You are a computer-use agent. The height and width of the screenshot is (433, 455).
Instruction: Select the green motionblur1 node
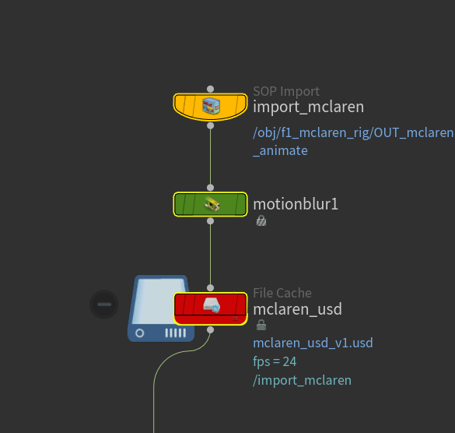[210, 204]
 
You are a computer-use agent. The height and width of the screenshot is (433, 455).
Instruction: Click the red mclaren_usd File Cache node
[210, 308]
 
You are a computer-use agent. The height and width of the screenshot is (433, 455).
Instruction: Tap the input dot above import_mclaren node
[210, 89]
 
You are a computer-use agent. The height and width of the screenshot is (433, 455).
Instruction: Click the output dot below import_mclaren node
[210, 125]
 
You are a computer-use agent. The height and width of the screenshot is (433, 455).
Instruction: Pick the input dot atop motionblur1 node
[210, 188]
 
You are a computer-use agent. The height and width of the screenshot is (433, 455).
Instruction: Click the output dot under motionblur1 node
[210, 221]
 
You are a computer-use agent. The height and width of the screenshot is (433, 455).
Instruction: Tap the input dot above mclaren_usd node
[210, 288]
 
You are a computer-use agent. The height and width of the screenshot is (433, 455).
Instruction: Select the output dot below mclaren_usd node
[210, 330]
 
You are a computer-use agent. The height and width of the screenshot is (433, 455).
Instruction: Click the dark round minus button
[104, 305]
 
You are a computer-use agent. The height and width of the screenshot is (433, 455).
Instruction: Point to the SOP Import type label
[286, 92]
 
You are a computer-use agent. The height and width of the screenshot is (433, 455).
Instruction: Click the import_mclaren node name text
[309, 107]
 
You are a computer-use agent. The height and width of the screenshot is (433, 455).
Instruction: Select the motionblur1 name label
[296, 204]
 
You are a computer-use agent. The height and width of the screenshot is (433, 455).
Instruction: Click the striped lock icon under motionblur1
[261, 221]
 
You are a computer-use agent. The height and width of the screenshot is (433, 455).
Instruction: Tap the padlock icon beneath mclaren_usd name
[261, 325]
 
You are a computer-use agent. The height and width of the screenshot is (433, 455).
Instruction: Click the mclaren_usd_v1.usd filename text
[313, 343]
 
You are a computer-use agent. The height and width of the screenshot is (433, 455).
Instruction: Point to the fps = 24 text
[275, 362]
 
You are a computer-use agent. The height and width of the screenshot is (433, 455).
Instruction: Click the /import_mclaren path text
[302, 380]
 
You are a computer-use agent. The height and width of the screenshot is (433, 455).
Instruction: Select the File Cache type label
[282, 293]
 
